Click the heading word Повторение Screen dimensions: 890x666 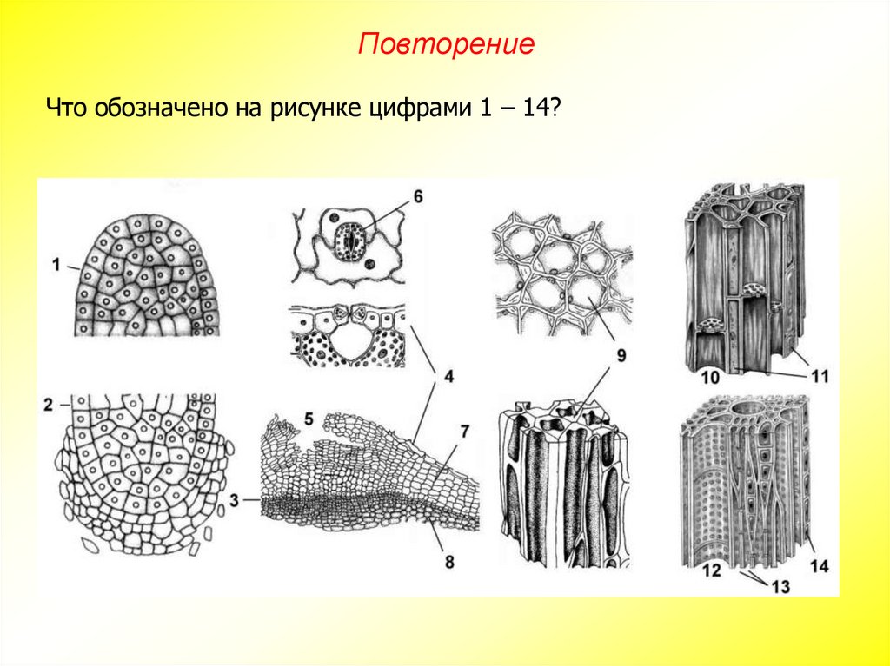pos(446,44)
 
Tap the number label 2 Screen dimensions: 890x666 pos(49,404)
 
